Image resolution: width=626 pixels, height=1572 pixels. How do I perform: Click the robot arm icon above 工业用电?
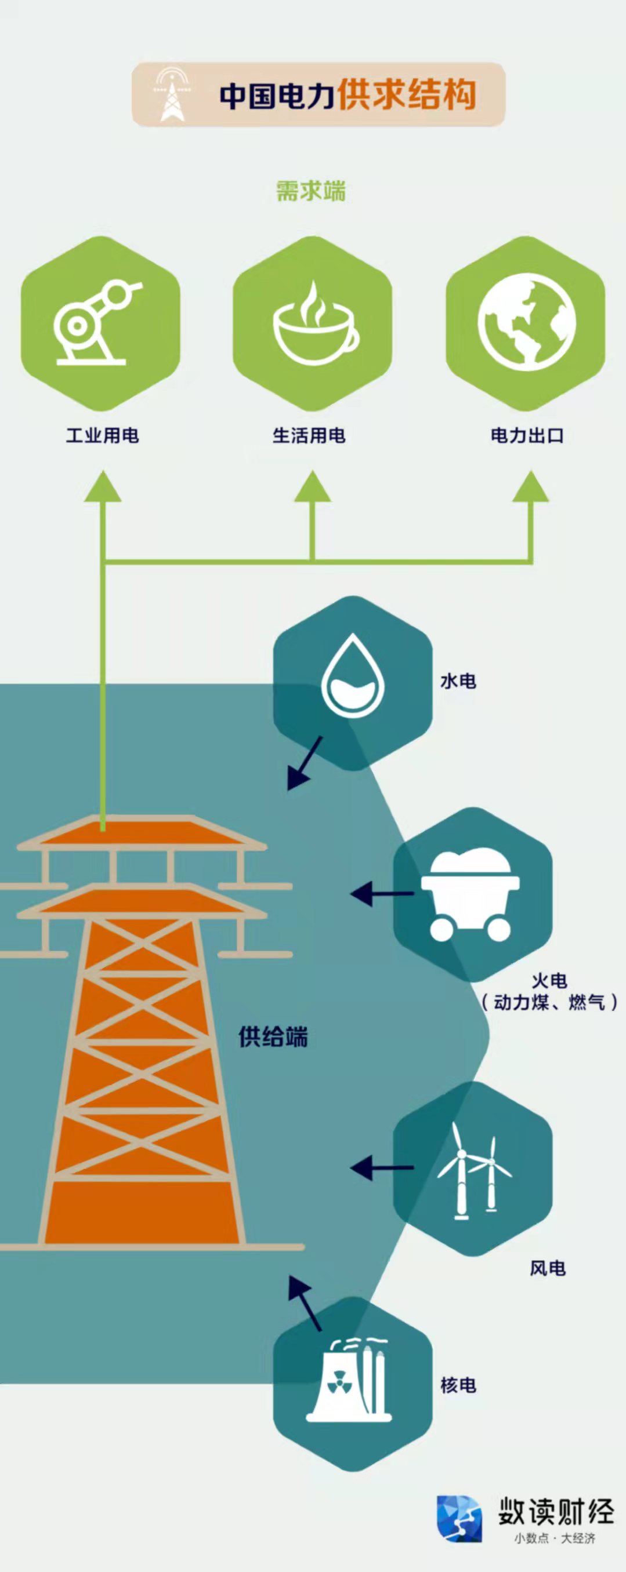pyautogui.click(x=97, y=323)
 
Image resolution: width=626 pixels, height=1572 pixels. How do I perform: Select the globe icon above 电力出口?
pyautogui.click(x=526, y=322)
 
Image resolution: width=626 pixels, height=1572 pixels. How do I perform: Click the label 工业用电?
pyautogui.click(x=103, y=436)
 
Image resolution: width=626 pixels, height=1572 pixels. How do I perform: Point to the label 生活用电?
pyautogui.click(x=309, y=436)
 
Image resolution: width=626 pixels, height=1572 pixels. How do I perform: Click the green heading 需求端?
pyautogui.click(x=311, y=191)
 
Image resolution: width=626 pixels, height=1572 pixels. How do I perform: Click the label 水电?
pyautogui.click(x=458, y=682)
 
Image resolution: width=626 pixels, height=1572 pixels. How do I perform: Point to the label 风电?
pyautogui.click(x=547, y=1269)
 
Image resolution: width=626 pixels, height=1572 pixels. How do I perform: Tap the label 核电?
pyautogui.click(x=459, y=1385)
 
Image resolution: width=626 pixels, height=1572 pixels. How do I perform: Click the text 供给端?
pyautogui.click(x=273, y=1037)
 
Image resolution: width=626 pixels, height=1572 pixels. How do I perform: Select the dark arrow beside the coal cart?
pyautogui.click(x=382, y=894)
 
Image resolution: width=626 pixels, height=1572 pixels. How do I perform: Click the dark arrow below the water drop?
pyautogui.click(x=304, y=763)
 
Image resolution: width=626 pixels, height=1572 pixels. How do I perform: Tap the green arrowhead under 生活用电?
pyautogui.click(x=312, y=486)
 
